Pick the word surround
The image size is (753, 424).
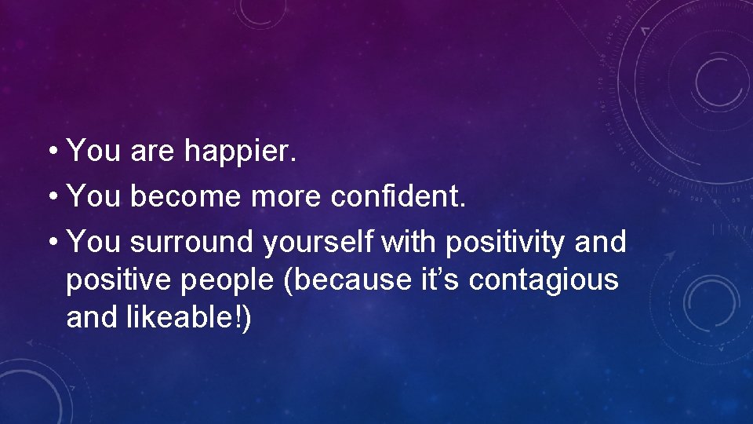pyautogui.click(x=192, y=243)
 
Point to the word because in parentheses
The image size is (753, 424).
pyautogui.click(x=344, y=280)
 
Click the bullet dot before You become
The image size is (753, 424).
pyautogui.click(x=52, y=197)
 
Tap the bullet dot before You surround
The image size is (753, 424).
pyautogui.click(x=52, y=243)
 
